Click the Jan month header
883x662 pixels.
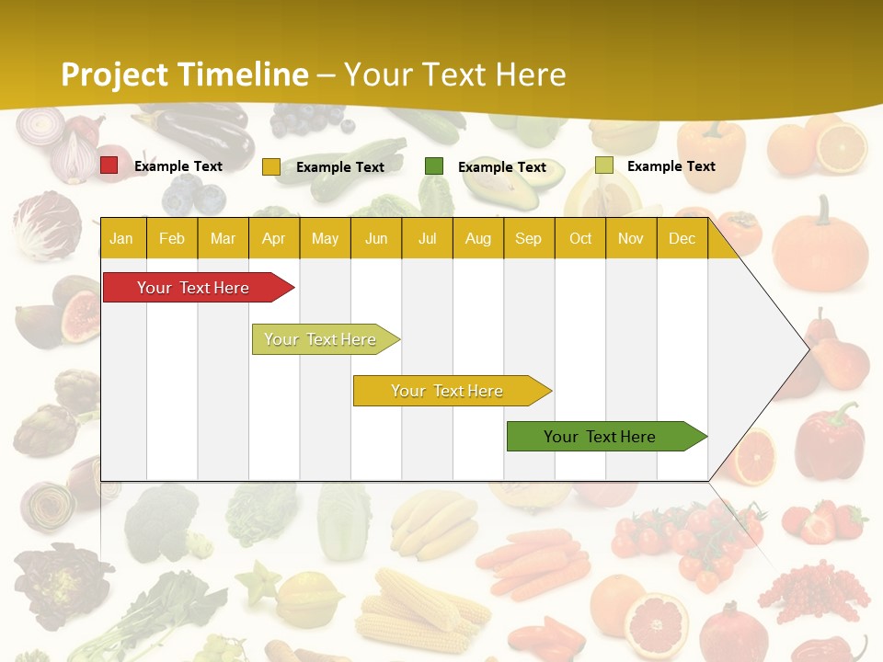coord(121,238)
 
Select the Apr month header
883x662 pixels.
coord(273,238)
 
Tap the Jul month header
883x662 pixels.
coord(427,238)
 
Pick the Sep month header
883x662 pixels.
coord(528,238)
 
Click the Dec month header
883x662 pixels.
coord(682,238)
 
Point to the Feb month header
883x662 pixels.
coord(172,238)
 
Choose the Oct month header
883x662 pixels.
coord(580,238)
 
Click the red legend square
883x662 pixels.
coord(109,165)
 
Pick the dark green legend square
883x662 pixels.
coord(434,166)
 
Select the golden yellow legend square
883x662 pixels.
coord(271,166)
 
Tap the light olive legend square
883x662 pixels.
coord(604,165)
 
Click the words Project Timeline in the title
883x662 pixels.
coord(184,74)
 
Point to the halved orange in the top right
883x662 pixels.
coord(842,148)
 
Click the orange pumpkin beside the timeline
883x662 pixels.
coord(820,246)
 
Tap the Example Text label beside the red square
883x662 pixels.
coord(178,166)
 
